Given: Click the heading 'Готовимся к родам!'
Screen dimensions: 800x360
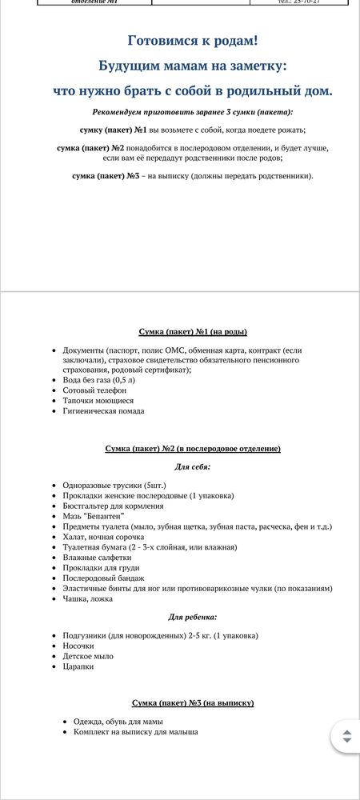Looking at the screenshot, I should pyautogui.click(x=192, y=41).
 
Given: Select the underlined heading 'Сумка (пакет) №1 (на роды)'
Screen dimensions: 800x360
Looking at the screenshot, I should pyautogui.click(x=192, y=331).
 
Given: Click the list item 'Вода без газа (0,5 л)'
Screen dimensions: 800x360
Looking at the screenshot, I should pyautogui.click(x=99, y=380).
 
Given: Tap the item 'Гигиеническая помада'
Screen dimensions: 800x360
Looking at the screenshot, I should pyautogui.click(x=103, y=411).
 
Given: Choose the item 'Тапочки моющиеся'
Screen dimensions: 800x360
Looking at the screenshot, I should pyautogui.click(x=98, y=401).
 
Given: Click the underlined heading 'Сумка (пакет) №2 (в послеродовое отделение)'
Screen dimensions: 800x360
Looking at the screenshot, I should pyautogui.click(x=192, y=449).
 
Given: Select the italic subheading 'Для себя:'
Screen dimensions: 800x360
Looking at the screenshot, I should pyautogui.click(x=192, y=466).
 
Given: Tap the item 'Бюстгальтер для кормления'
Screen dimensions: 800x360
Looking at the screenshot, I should pyautogui.click(x=113, y=506).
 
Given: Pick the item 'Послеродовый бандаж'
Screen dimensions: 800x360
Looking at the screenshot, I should pyautogui.click(x=103, y=578).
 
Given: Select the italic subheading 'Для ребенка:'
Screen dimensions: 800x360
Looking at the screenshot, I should pyautogui.click(x=192, y=617).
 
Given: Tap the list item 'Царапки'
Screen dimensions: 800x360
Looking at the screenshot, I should pyautogui.click(x=78, y=666).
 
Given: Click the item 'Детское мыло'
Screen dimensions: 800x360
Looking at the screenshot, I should pyautogui.click(x=88, y=656).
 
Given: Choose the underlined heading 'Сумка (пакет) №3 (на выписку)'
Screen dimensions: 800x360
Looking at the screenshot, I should pyautogui.click(x=192, y=702).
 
